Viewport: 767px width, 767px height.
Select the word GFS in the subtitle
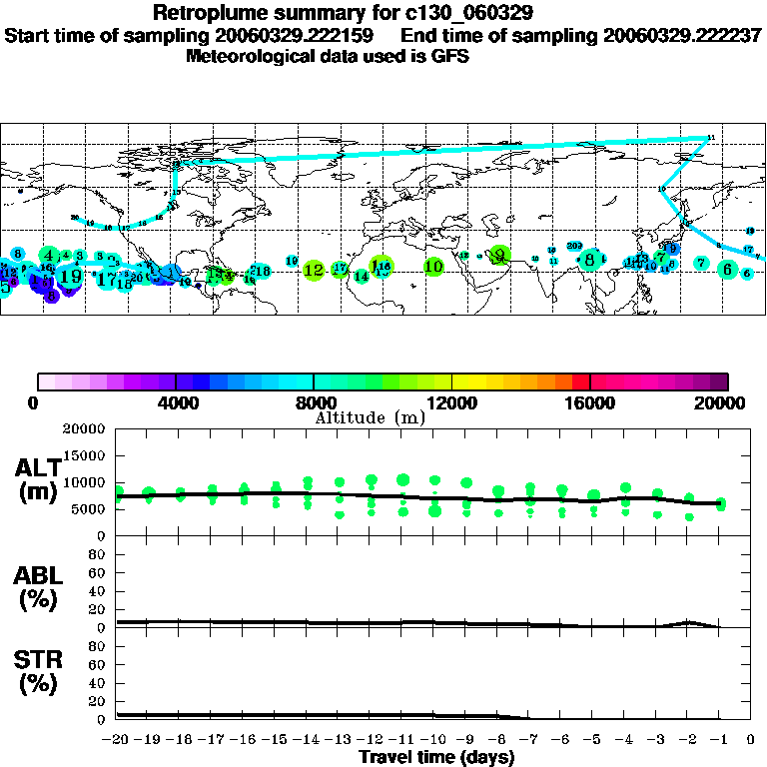pyautogui.click(x=449, y=56)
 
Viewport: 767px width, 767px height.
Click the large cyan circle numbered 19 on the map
pyautogui.click(x=71, y=276)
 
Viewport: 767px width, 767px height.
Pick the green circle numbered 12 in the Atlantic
pyautogui.click(x=314, y=270)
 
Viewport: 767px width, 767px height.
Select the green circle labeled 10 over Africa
pyautogui.click(x=433, y=267)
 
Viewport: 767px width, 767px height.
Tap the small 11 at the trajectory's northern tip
pyautogui.click(x=711, y=137)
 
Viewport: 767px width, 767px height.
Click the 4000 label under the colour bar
pyautogui.click(x=175, y=403)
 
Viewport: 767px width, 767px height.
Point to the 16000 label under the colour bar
pyautogui.click(x=590, y=403)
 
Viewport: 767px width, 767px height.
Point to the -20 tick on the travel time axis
pyautogui.click(x=116, y=740)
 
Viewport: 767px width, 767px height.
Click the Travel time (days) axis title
pyautogui.click(x=436, y=757)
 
